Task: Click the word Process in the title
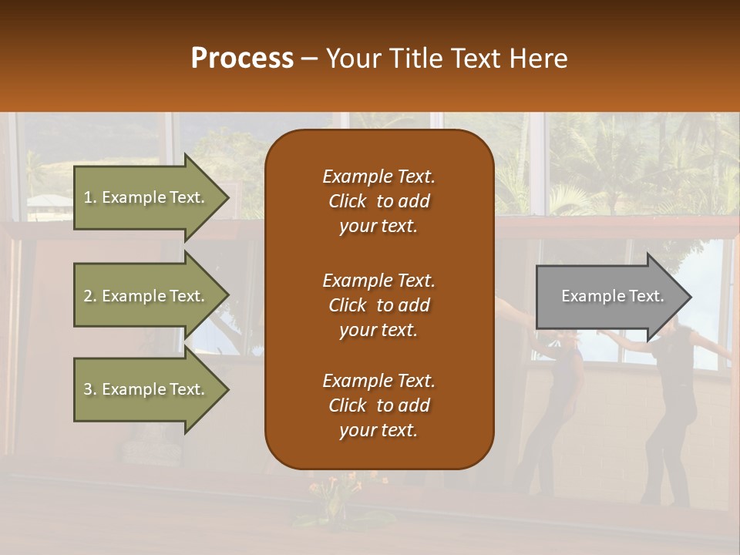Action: click(242, 59)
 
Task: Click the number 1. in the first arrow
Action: click(90, 197)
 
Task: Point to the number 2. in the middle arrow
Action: click(90, 296)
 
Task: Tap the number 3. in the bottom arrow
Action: click(90, 389)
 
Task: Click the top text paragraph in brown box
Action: click(378, 201)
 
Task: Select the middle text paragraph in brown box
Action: click(378, 304)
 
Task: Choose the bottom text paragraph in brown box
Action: click(378, 405)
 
